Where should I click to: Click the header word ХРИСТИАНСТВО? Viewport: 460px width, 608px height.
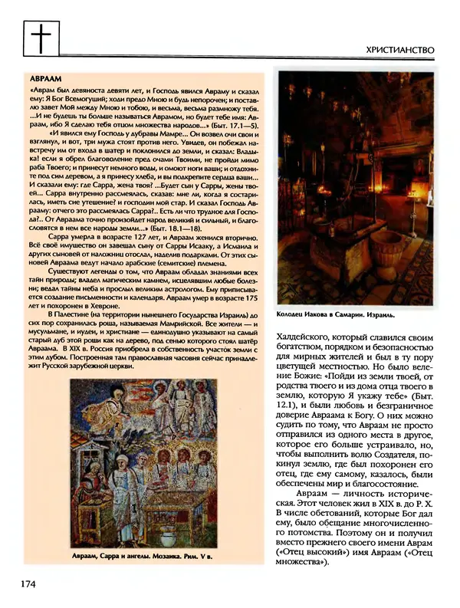pos(401,50)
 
